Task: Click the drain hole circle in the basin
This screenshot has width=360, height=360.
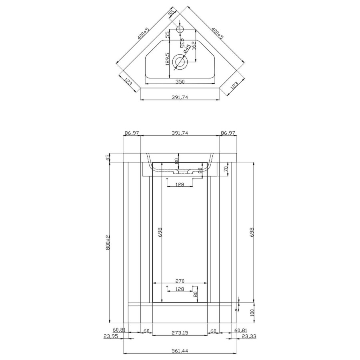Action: (180, 62)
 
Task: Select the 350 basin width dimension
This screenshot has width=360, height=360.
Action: (180, 82)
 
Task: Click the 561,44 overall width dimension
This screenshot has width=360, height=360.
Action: (180, 351)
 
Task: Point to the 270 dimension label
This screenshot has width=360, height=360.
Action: (180, 281)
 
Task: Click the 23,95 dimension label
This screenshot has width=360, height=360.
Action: (110, 336)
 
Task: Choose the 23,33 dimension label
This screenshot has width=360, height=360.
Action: (249, 336)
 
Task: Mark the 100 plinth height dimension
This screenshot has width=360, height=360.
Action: (252, 313)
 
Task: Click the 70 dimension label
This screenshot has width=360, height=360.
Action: (226, 169)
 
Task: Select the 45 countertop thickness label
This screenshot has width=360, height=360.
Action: (108, 158)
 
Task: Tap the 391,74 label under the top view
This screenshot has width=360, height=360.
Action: (180, 97)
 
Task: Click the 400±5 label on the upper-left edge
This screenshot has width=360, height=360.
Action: (143, 34)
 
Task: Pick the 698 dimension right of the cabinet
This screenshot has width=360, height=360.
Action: (252, 232)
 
